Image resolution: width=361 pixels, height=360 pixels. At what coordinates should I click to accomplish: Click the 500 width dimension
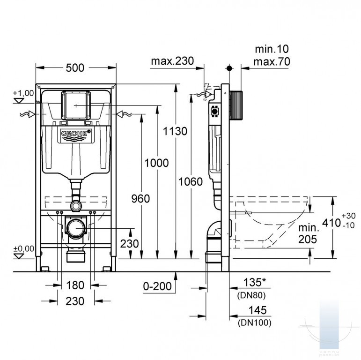click(x=75, y=68)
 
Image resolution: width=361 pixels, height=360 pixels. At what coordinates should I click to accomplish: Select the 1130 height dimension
click(x=175, y=131)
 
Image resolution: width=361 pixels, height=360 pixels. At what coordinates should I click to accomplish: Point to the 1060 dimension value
click(x=191, y=182)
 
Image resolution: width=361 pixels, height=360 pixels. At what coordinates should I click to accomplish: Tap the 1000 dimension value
click(x=156, y=163)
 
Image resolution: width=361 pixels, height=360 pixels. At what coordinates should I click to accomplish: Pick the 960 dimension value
click(x=140, y=199)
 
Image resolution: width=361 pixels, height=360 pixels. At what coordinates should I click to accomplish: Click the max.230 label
click(x=172, y=61)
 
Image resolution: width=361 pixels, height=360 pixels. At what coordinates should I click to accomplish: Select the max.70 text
click(x=272, y=62)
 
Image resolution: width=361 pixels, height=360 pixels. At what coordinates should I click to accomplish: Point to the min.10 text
click(x=272, y=49)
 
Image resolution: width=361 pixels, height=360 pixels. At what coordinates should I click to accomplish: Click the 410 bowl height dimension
click(x=332, y=223)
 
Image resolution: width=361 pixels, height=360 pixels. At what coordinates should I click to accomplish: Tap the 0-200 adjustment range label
click(x=157, y=286)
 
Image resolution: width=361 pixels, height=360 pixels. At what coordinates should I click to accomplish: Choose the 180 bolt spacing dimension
click(x=75, y=285)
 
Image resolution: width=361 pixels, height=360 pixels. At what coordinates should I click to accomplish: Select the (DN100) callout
click(x=255, y=322)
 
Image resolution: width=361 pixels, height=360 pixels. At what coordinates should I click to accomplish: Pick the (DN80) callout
click(x=251, y=295)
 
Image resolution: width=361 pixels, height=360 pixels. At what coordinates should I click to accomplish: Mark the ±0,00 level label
click(x=23, y=249)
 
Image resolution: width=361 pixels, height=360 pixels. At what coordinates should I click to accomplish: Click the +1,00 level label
click(x=23, y=93)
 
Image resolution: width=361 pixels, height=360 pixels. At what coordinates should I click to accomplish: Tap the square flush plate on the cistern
click(x=76, y=105)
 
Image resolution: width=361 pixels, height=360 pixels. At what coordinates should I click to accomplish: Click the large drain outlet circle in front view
click(x=76, y=228)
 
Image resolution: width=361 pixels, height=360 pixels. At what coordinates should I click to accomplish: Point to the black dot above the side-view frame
click(x=229, y=68)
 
